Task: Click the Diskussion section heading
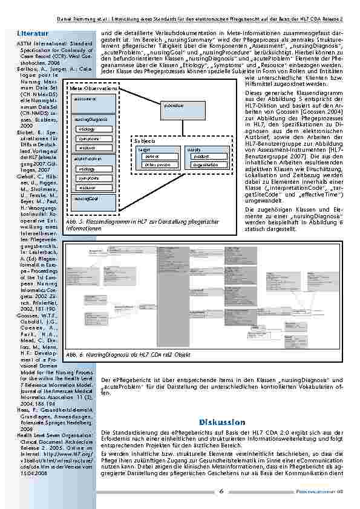pos(221,422)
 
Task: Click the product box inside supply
pos(205,156)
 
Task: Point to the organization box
pos(205,164)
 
